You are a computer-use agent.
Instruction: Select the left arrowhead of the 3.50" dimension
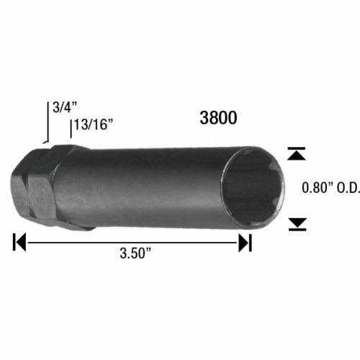point(22,242)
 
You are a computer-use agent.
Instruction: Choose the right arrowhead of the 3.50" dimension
point(244,242)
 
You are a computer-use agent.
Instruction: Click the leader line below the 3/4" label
point(48,128)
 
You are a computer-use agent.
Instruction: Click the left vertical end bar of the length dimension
point(14,242)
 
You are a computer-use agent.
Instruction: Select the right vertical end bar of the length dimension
point(251,242)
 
